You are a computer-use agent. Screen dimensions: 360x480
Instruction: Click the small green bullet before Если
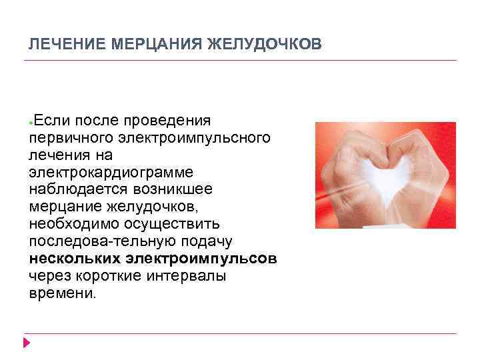pos(31,123)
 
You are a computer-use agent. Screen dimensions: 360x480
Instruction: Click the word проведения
pos(173,120)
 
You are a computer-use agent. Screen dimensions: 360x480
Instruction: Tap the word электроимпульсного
pos(194,137)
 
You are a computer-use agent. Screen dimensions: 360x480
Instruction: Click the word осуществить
pos(169,224)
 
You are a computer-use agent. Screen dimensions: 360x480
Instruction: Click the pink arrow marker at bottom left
pos(27,343)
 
